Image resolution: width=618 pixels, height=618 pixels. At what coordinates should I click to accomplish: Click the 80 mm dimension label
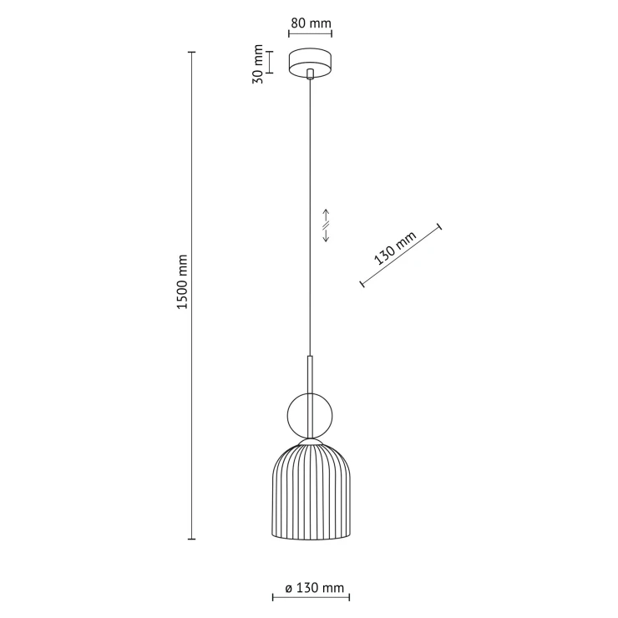tap(311, 23)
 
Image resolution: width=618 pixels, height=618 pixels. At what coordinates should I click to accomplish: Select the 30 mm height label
tap(258, 63)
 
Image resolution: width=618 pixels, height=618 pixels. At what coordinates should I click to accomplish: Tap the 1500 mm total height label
tap(182, 281)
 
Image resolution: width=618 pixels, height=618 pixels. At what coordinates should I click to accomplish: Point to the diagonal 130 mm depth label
tap(395, 248)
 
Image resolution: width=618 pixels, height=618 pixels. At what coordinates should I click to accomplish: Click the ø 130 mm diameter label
tap(315, 588)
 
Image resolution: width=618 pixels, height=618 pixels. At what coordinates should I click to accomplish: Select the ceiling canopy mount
tap(310, 63)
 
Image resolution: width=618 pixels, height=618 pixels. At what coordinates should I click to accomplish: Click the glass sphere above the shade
tap(310, 416)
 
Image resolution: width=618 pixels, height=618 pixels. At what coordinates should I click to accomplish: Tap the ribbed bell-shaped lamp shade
tap(311, 492)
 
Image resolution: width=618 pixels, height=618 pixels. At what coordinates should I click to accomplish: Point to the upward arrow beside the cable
tap(326, 216)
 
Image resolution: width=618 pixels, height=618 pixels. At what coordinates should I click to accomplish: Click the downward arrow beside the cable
tap(326, 234)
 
